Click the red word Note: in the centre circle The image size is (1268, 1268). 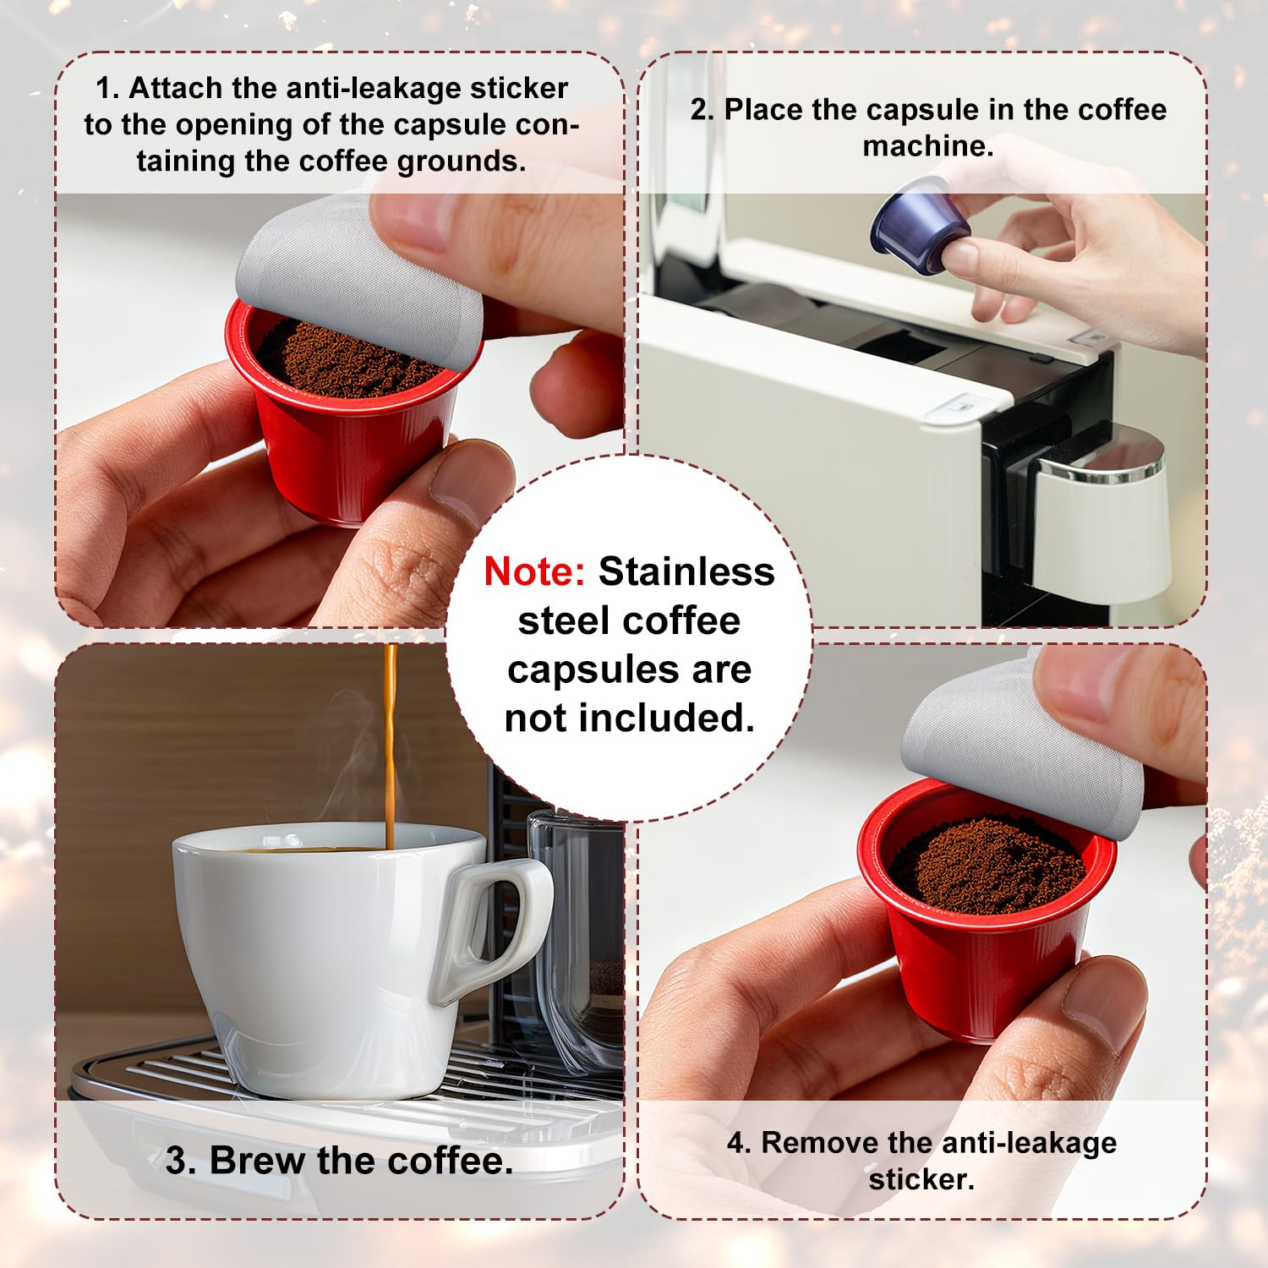534,572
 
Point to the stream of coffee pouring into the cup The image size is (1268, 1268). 391,744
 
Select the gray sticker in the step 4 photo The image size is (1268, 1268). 1023,744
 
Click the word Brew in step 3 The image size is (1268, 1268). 258,1161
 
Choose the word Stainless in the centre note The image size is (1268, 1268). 686,572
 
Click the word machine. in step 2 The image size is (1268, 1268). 927,146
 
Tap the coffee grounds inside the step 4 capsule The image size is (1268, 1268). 989,866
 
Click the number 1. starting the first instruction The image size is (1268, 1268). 107,88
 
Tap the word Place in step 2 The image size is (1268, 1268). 762,110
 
